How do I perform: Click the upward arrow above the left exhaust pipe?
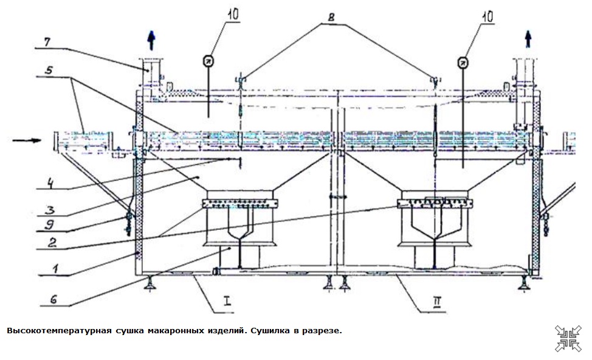tap(150, 41)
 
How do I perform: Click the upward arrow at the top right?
tap(528, 41)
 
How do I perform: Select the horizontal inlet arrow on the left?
tap(27, 141)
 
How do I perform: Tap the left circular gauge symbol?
tap(207, 60)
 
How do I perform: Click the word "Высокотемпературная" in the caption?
tap(58, 331)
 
